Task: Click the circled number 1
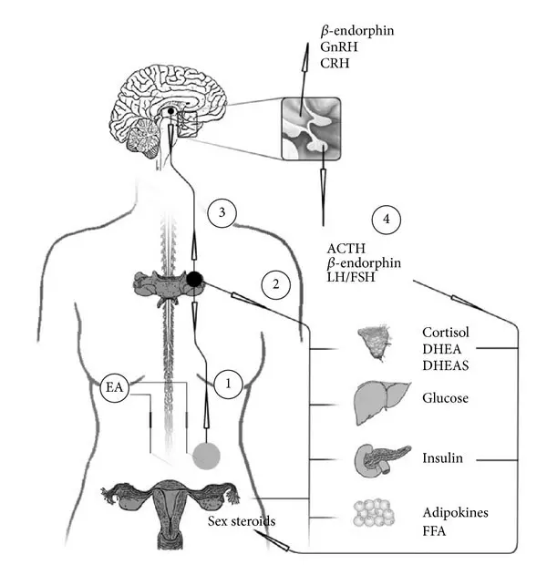click(228, 385)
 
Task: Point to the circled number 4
click(387, 220)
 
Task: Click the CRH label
click(334, 63)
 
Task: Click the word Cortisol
click(446, 331)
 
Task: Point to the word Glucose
click(446, 397)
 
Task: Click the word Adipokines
click(455, 513)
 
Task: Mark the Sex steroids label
click(238, 521)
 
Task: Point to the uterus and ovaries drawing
click(170, 508)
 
